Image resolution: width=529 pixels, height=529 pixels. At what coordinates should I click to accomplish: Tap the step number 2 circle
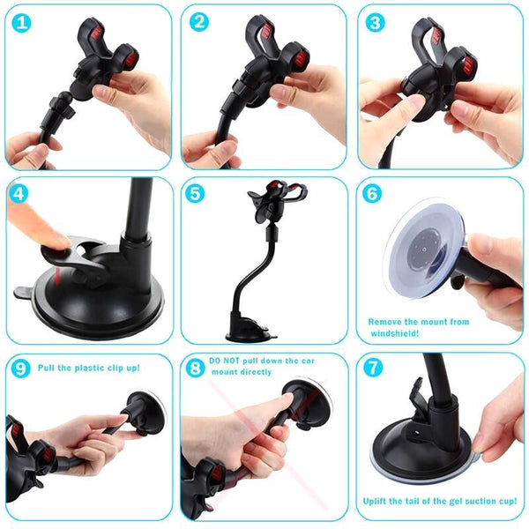point(198,22)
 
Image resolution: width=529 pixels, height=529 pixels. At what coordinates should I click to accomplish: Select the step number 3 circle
point(375,22)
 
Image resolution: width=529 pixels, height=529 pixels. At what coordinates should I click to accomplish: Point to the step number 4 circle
point(20,193)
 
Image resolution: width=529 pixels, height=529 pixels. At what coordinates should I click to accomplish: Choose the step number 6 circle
point(373,192)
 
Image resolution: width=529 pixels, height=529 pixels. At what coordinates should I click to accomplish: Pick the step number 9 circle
point(20,369)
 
